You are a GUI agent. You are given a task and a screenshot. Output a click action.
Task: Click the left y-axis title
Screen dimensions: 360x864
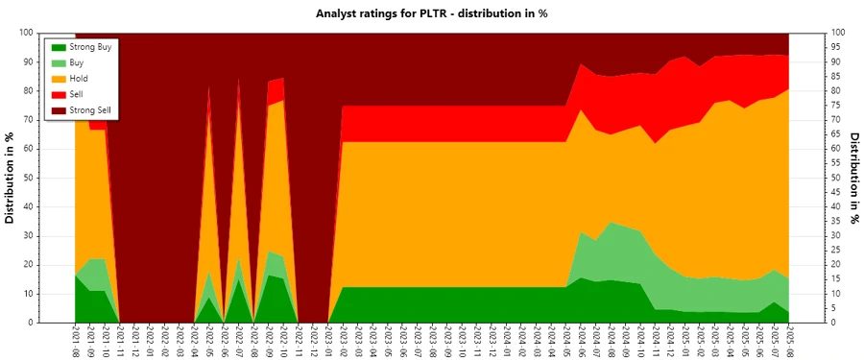click(11, 178)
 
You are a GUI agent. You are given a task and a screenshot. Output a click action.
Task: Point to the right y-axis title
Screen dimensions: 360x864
click(853, 178)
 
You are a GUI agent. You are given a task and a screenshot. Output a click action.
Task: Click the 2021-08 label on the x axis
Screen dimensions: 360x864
click(76, 342)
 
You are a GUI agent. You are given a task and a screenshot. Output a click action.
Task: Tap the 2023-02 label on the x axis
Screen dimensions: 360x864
click(344, 342)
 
